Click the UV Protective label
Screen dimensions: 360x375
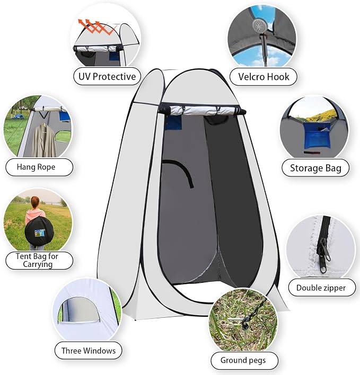tap(107, 76)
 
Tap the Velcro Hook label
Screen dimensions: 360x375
tap(264, 77)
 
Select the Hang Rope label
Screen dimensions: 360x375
tap(36, 167)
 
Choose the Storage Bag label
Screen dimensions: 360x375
tap(315, 168)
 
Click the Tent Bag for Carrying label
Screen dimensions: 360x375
tap(37, 260)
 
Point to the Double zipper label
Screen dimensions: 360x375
tap(321, 288)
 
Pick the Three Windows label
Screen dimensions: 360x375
tap(89, 351)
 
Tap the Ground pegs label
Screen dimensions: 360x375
tap(243, 360)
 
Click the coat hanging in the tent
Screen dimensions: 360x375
tap(45, 140)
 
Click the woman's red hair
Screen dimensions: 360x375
tap(35, 202)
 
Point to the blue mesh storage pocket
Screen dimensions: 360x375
tap(316, 136)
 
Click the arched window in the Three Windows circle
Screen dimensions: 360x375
tap(80, 310)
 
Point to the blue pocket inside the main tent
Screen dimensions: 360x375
tap(173, 122)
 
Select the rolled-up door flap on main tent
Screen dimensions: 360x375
tap(203, 111)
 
